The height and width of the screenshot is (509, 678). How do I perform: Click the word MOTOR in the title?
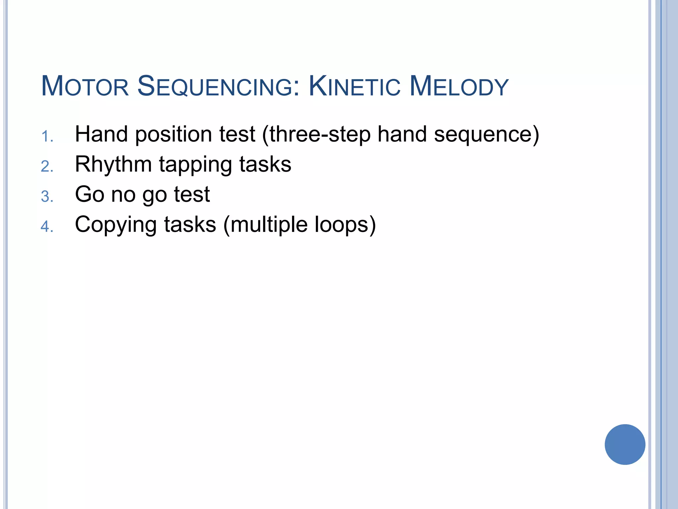pos(85,86)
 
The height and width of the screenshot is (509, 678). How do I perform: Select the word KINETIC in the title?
pos(355,86)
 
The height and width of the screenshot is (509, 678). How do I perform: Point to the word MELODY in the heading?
pos(459,86)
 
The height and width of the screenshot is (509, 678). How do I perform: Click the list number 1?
pos(47,137)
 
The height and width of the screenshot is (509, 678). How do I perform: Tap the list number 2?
pos(47,167)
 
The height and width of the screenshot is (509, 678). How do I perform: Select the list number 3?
pos(47,197)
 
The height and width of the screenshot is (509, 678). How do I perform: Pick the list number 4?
pos(47,227)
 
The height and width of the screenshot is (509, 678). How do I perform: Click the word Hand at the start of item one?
pos(101,134)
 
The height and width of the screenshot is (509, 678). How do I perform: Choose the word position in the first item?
pos(173,135)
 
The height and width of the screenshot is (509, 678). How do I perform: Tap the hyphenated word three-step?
pos(319,135)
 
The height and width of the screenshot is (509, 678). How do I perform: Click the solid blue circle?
pos(625,444)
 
